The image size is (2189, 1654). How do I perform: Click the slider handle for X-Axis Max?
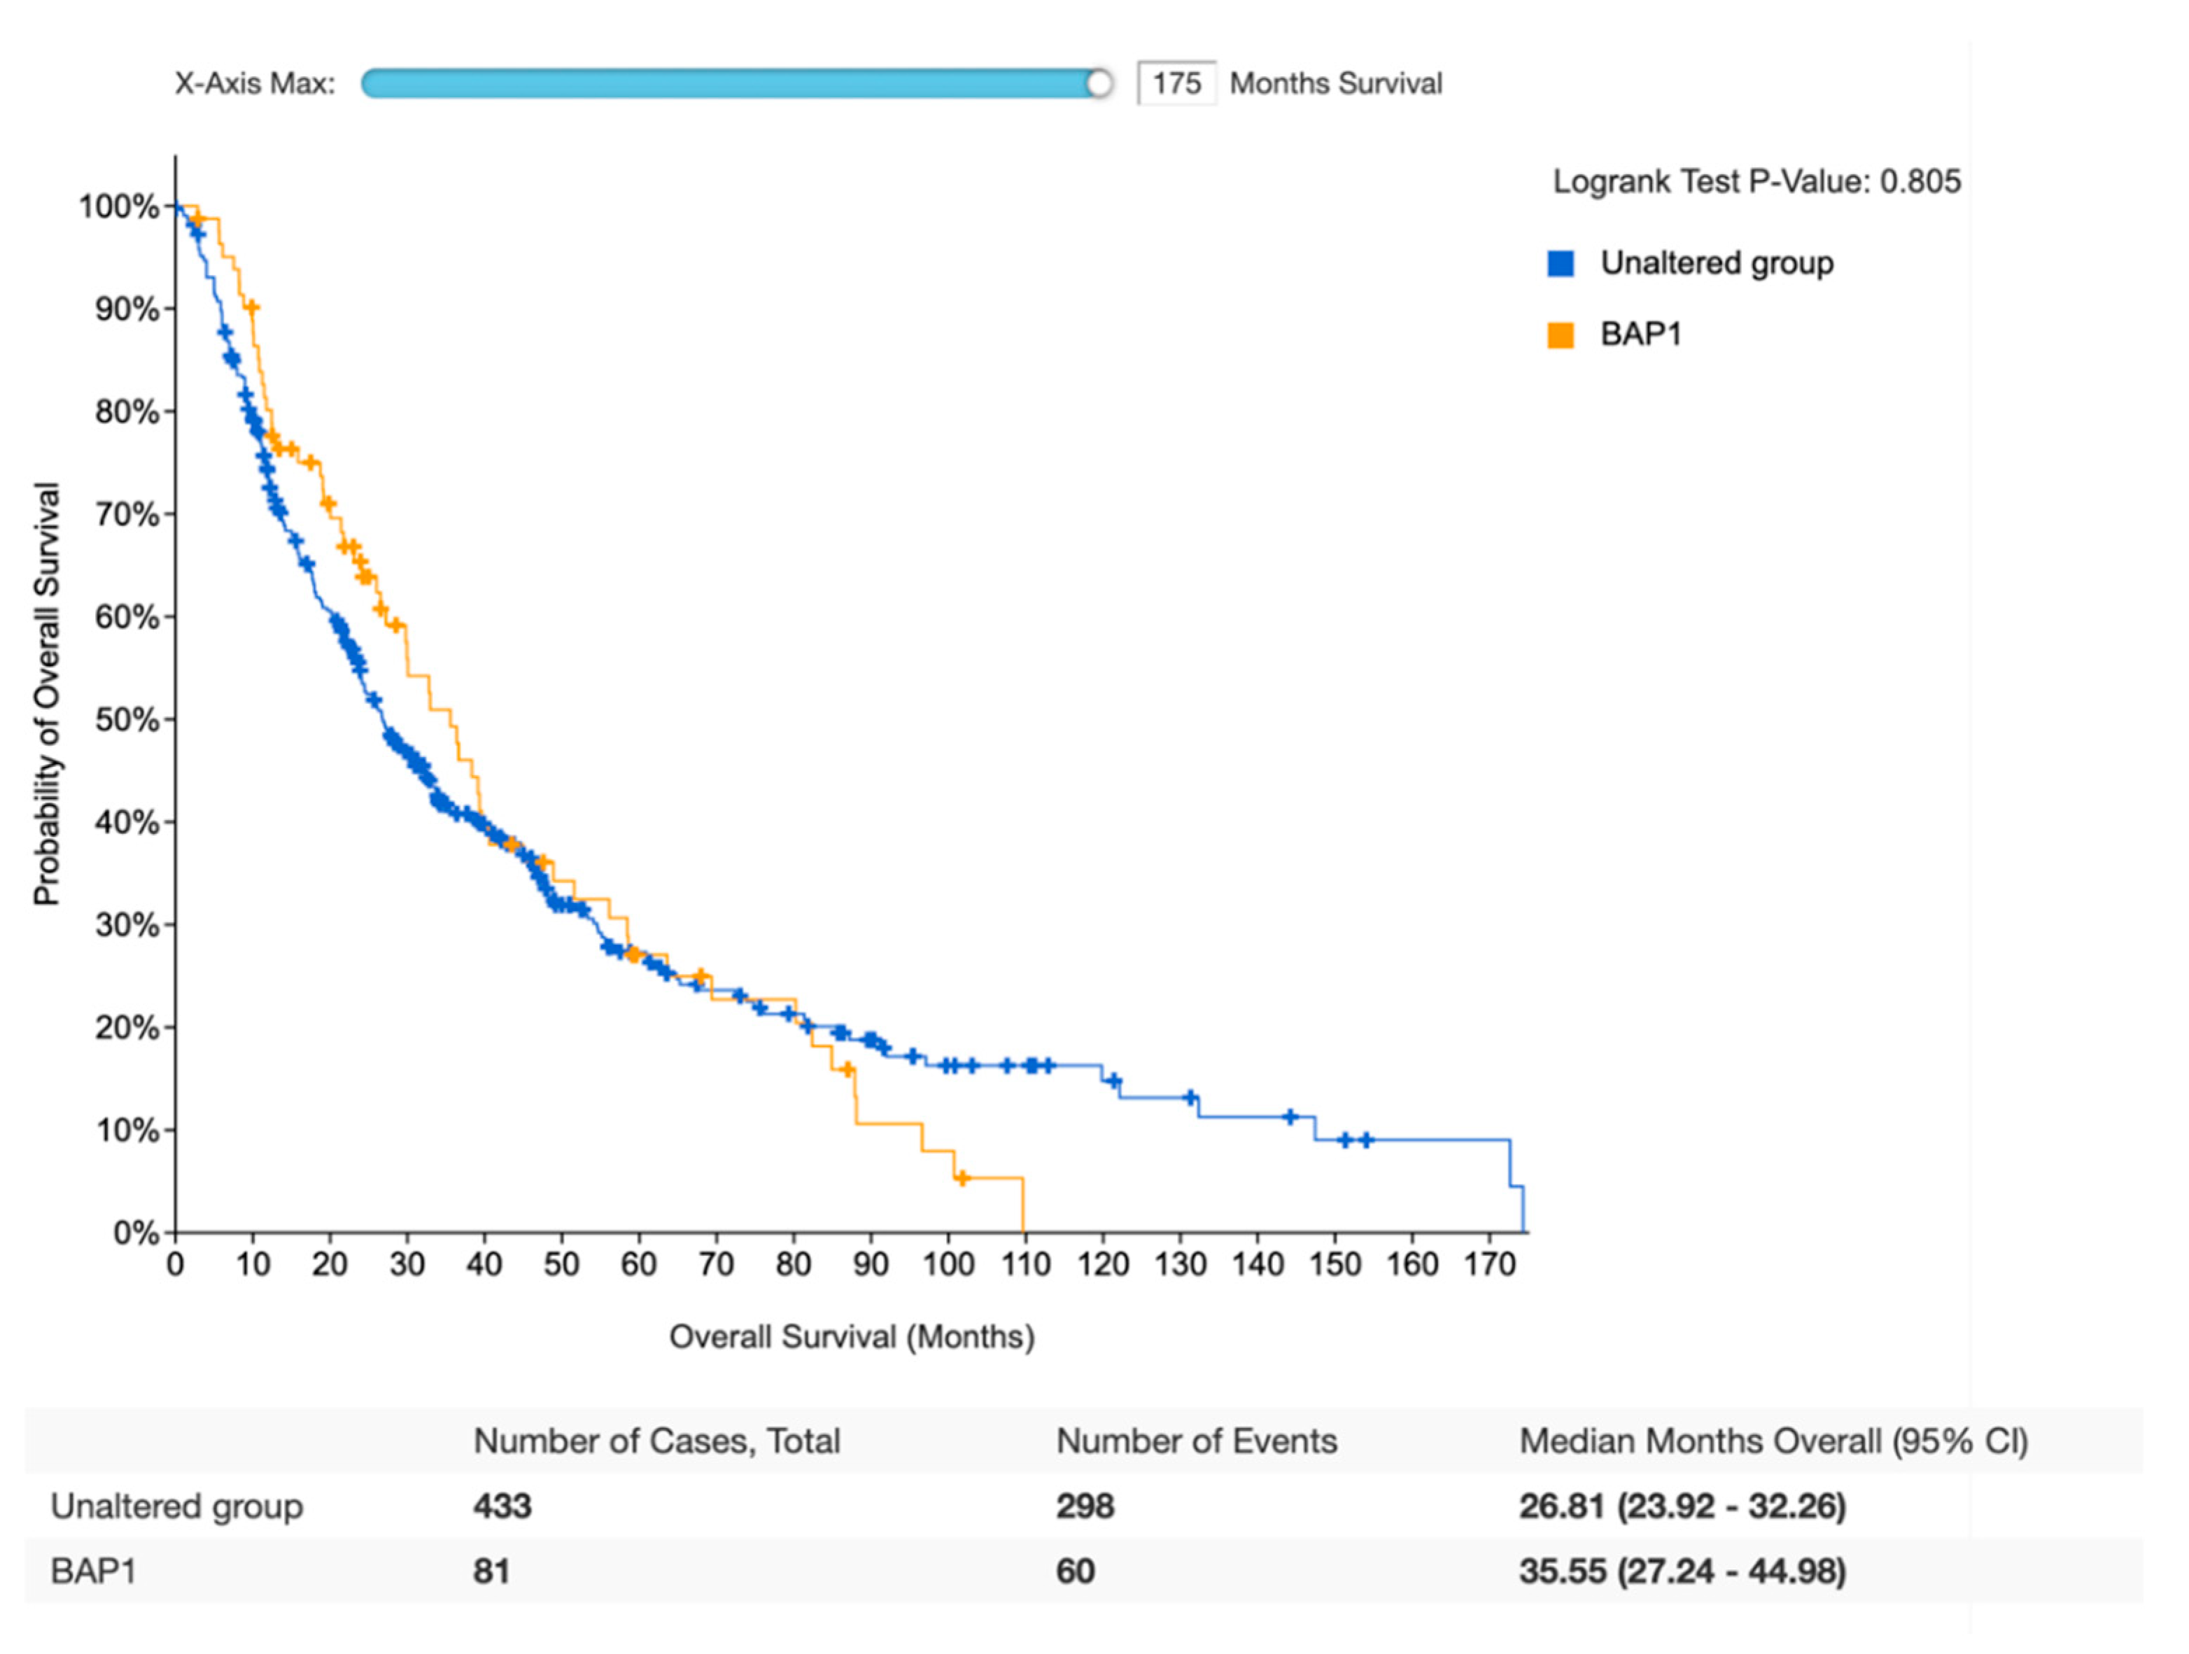[x=1099, y=84]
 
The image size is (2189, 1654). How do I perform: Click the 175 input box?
[x=1176, y=83]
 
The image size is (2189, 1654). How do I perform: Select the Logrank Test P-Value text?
[x=1756, y=182]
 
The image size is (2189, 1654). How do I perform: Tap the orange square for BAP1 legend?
[x=1561, y=335]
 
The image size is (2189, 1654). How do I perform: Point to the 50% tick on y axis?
[x=170, y=719]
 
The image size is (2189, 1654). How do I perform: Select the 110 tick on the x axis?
[x=1025, y=1264]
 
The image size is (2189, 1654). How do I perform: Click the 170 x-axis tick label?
[x=1488, y=1264]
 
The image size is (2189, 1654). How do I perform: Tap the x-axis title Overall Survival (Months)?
[x=851, y=1338]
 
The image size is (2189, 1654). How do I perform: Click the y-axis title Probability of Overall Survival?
[x=46, y=693]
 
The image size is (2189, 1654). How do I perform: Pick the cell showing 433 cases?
[x=502, y=1506]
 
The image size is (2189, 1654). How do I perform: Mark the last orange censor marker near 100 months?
[x=961, y=1178]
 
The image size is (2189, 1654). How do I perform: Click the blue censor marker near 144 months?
[x=1290, y=1117]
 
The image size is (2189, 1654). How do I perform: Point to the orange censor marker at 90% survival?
[x=251, y=308]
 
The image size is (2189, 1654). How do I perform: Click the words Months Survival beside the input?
[x=1335, y=84]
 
